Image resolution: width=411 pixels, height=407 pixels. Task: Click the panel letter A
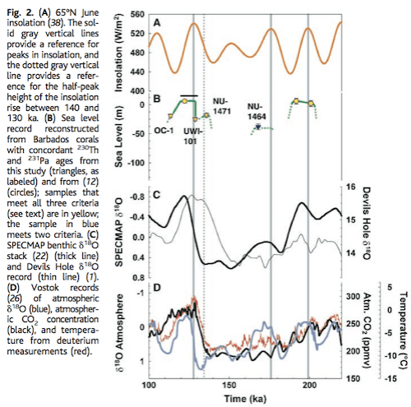(156, 25)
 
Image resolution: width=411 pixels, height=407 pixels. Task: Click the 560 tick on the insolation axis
(136, 16)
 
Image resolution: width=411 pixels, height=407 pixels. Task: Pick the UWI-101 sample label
(191, 133)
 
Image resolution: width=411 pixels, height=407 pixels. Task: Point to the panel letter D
(156, 289)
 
